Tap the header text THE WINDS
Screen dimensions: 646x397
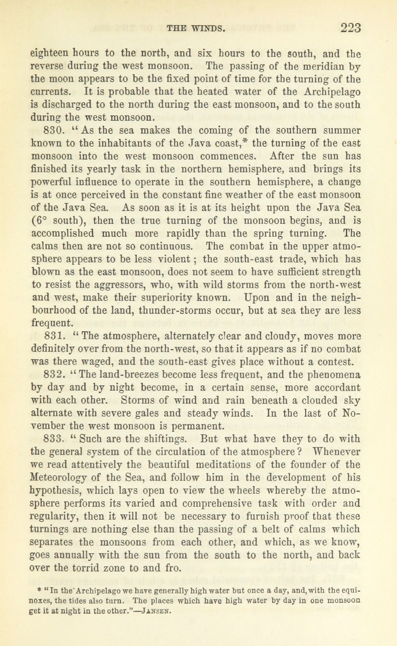(x=195, y=29)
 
